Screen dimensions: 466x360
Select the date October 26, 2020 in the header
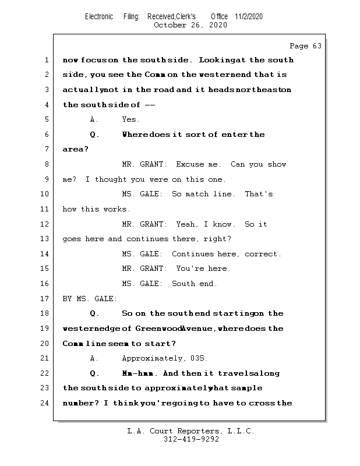[190, 25]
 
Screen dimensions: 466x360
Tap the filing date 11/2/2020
[249, 16]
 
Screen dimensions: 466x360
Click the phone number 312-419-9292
[191, 439]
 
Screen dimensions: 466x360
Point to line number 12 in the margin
[46, 224]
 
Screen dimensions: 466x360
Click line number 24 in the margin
[46, 403]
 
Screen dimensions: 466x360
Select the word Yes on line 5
[130, 119]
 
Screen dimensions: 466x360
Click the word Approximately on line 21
[151, 358]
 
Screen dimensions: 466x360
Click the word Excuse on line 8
[190, 164]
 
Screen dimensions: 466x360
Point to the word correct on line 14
[263, 254]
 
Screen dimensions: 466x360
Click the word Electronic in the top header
[99, 16]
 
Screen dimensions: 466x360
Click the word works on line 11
[118, 209]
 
